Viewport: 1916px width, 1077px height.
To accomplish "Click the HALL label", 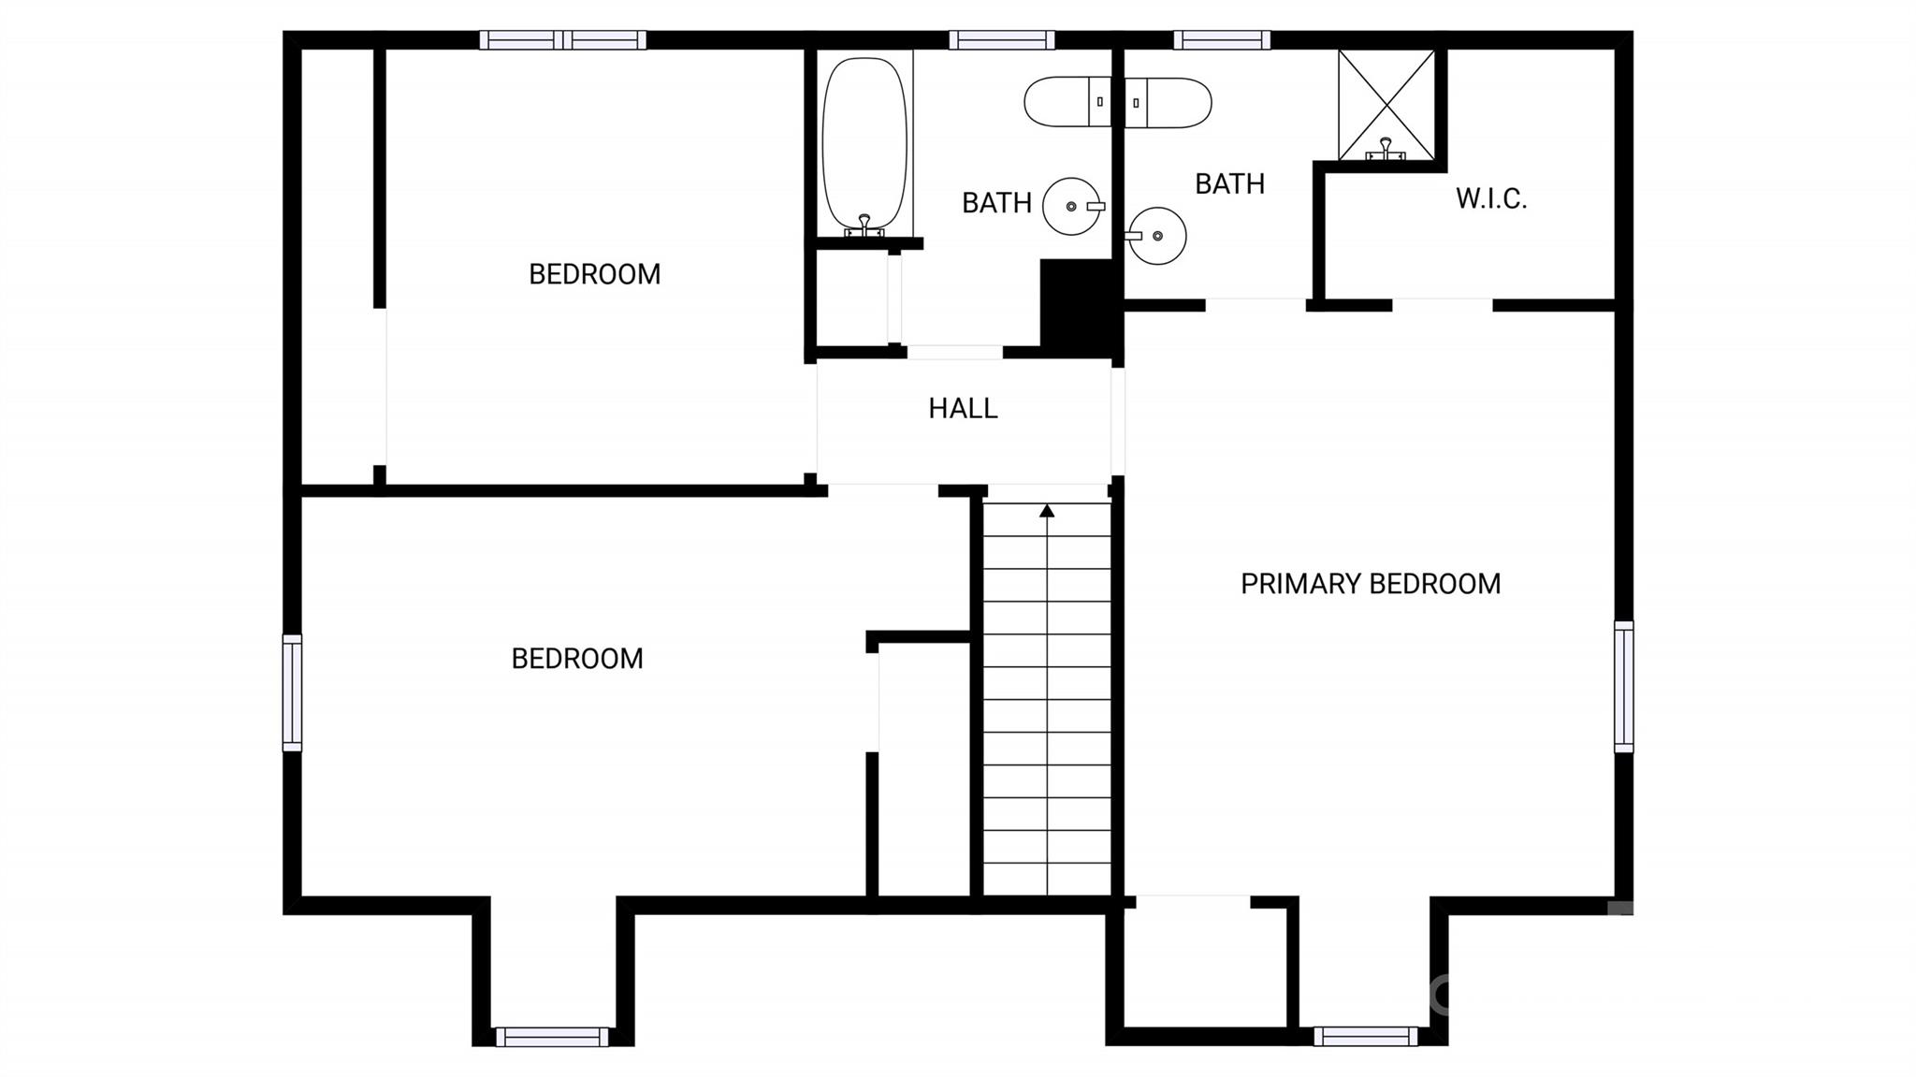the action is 963,408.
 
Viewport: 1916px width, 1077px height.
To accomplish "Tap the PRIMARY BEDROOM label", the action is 1371,584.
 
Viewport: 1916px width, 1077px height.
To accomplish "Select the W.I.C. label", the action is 1491,198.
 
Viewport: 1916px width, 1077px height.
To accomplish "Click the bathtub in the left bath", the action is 864,145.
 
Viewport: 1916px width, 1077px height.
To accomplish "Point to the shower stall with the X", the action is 1386,105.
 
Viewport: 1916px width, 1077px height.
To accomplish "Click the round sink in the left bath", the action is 1072,206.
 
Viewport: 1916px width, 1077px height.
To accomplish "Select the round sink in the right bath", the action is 1156,236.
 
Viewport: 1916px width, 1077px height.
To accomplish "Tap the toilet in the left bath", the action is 1067,101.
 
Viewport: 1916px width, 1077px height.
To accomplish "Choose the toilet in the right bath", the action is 1168,102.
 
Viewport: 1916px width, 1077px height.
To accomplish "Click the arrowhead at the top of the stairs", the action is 1047,511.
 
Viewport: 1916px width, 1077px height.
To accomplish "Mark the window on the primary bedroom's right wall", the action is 1624,686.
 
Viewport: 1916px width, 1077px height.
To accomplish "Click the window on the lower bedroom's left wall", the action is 293,692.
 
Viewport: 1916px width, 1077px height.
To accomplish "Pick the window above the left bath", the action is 1002,40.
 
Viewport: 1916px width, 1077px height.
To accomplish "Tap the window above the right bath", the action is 1222,40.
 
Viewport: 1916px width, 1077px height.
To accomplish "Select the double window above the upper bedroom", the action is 563,40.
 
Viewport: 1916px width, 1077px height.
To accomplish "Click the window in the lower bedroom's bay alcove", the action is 552,1037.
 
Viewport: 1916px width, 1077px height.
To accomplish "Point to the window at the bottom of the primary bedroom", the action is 1366,1036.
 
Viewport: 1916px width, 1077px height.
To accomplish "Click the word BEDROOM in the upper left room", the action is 595,274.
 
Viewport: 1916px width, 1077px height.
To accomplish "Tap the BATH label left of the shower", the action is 1230,183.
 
